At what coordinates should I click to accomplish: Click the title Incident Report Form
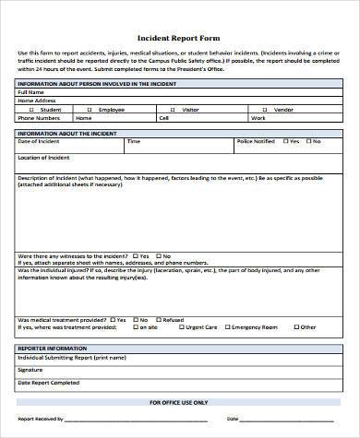tap(179, 39)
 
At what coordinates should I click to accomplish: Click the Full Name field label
tap(30, 92)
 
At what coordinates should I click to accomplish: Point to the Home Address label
tap(37, 101)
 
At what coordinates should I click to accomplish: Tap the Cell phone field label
tap(163, 118)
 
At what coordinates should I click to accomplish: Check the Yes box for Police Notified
tap(283, 141)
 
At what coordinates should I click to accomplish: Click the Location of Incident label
tap(44, 158)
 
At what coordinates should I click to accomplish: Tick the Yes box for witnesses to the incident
tap(136, 255)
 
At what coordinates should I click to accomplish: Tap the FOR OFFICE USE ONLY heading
tap(179, 403)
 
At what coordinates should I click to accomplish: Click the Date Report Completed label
tap(47, 381)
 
